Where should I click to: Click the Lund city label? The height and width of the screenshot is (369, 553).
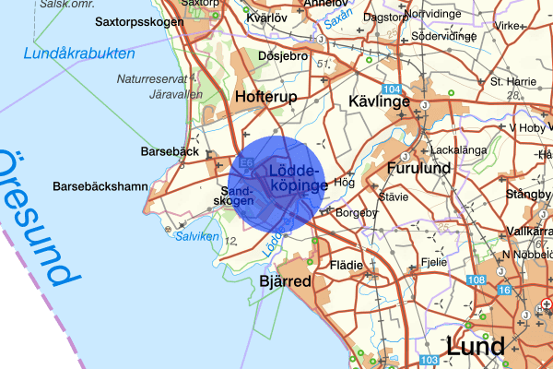[475, 346]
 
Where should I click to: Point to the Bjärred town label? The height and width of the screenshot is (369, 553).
[285, 281]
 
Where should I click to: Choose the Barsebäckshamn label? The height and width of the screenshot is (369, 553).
[100, 186]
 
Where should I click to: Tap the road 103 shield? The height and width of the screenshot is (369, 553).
[429, 360]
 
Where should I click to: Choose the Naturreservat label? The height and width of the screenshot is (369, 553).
[151, 79]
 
